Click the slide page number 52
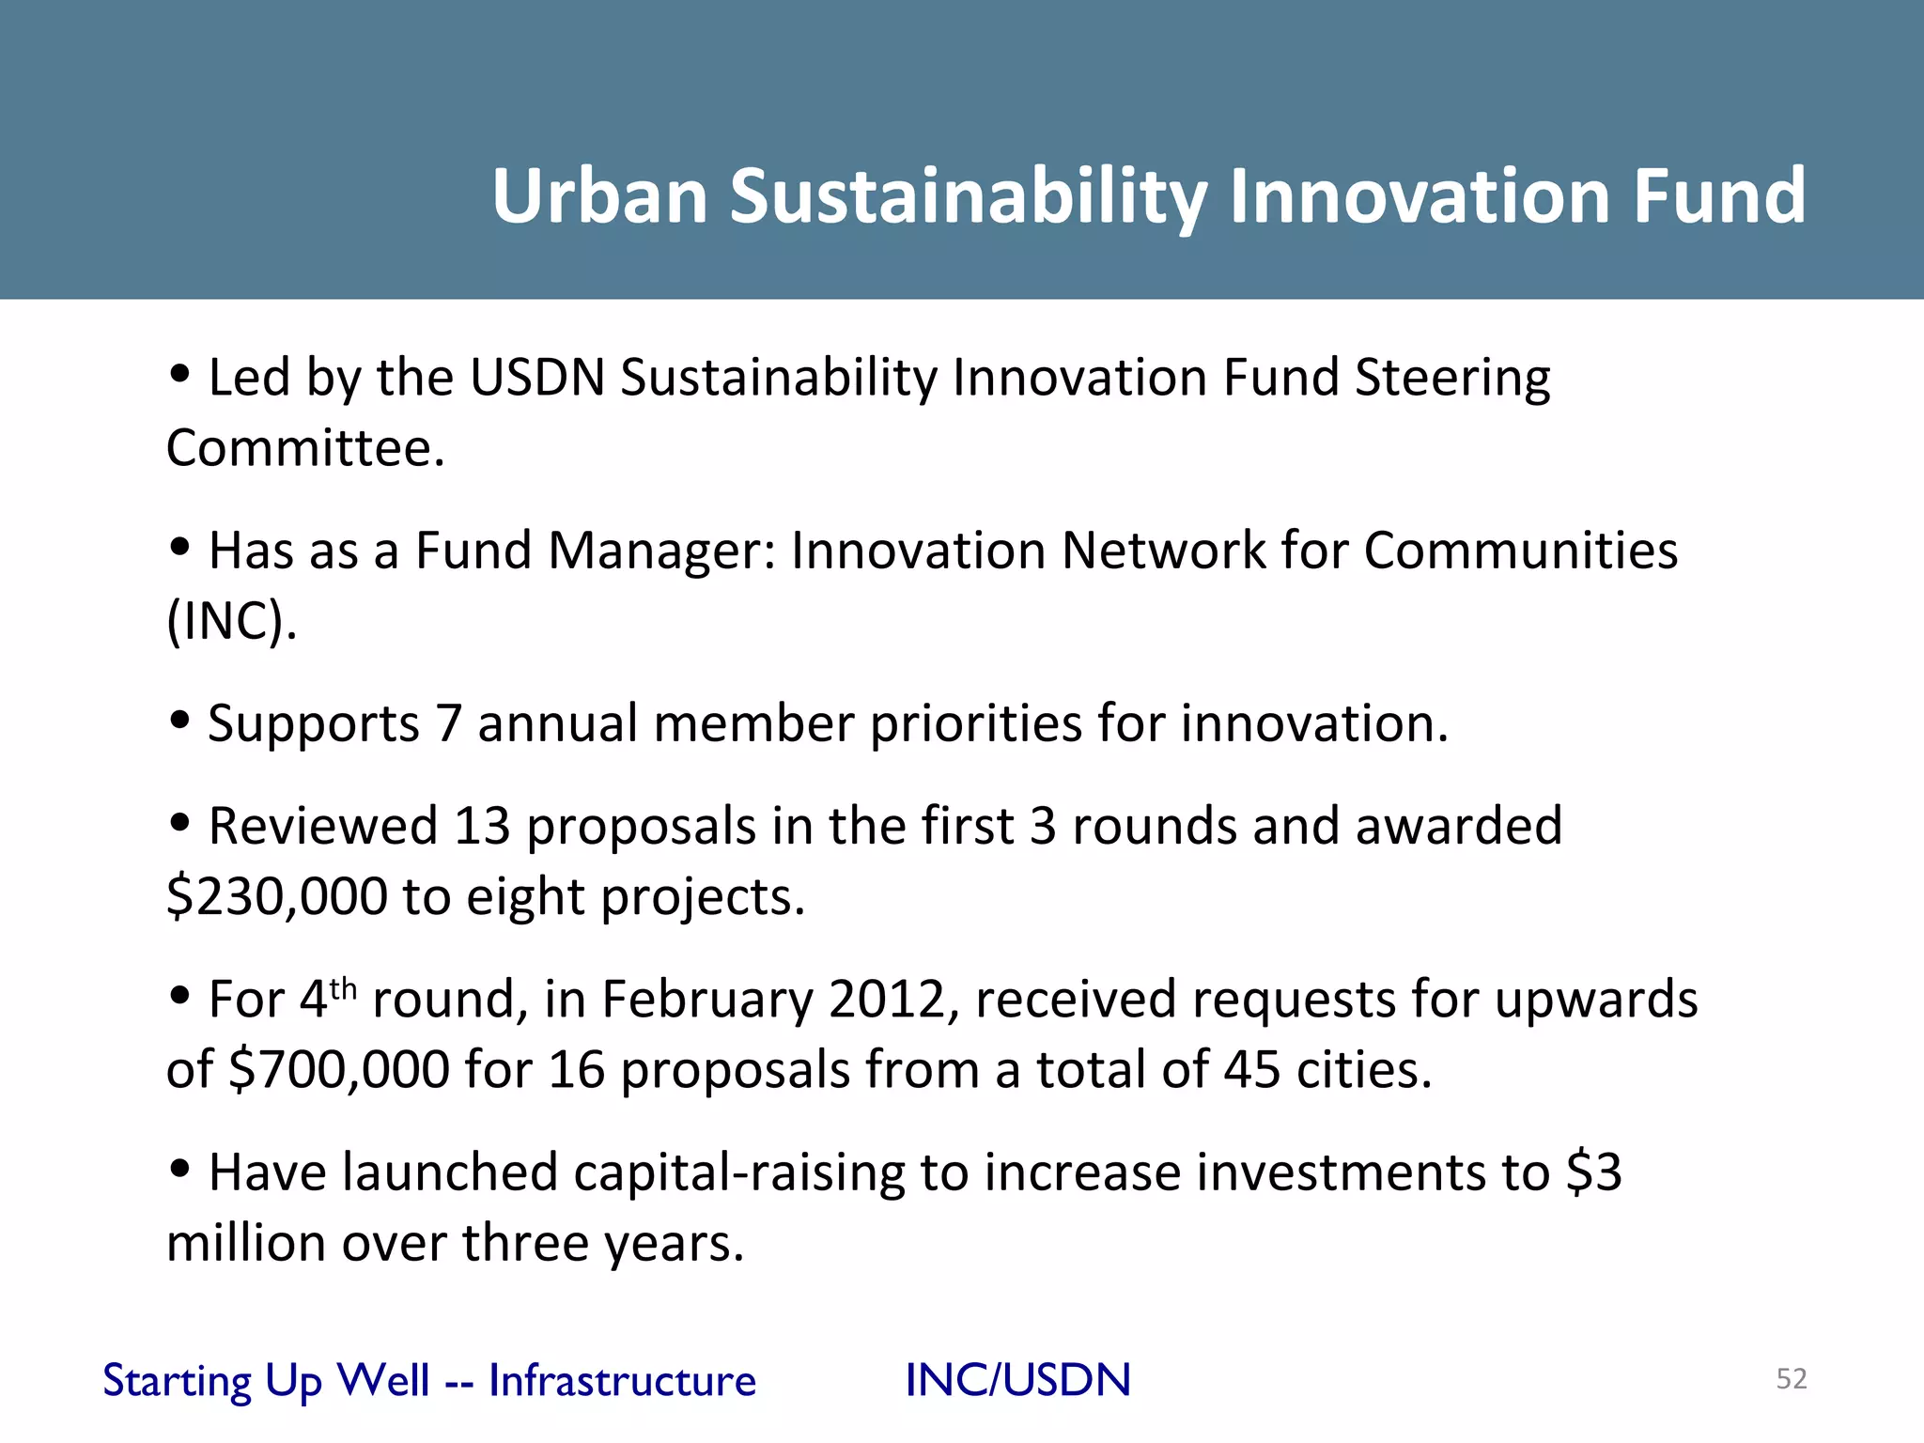(1792, 1378)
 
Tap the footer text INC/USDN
(1017, 1380)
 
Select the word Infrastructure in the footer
(622, 1380)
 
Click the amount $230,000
(276, 896)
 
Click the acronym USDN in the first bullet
(537, 378)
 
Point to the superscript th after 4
(343, 987)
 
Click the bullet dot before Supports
(179, 721)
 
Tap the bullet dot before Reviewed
(179, 823)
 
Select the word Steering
(1451, 378)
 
